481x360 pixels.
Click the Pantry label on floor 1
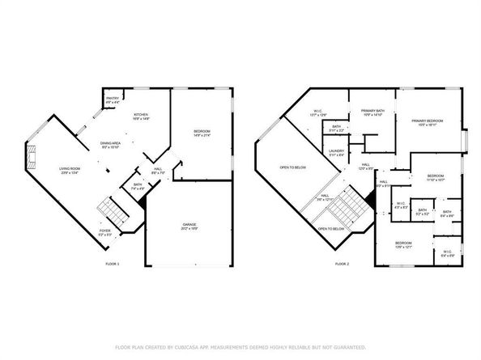pos(112,101)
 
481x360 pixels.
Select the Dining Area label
pos(109,145)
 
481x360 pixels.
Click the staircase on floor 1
pos(109,212)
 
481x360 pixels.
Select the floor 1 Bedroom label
pos(202,133)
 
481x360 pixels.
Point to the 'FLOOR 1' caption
pos(112,264)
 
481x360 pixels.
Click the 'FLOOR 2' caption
pos(342,264)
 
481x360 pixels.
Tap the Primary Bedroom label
pos(426,122)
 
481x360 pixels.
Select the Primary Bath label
pos(372,112)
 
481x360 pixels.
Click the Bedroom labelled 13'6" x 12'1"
pos(403,244)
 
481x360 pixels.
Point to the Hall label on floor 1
pos(159,171)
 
